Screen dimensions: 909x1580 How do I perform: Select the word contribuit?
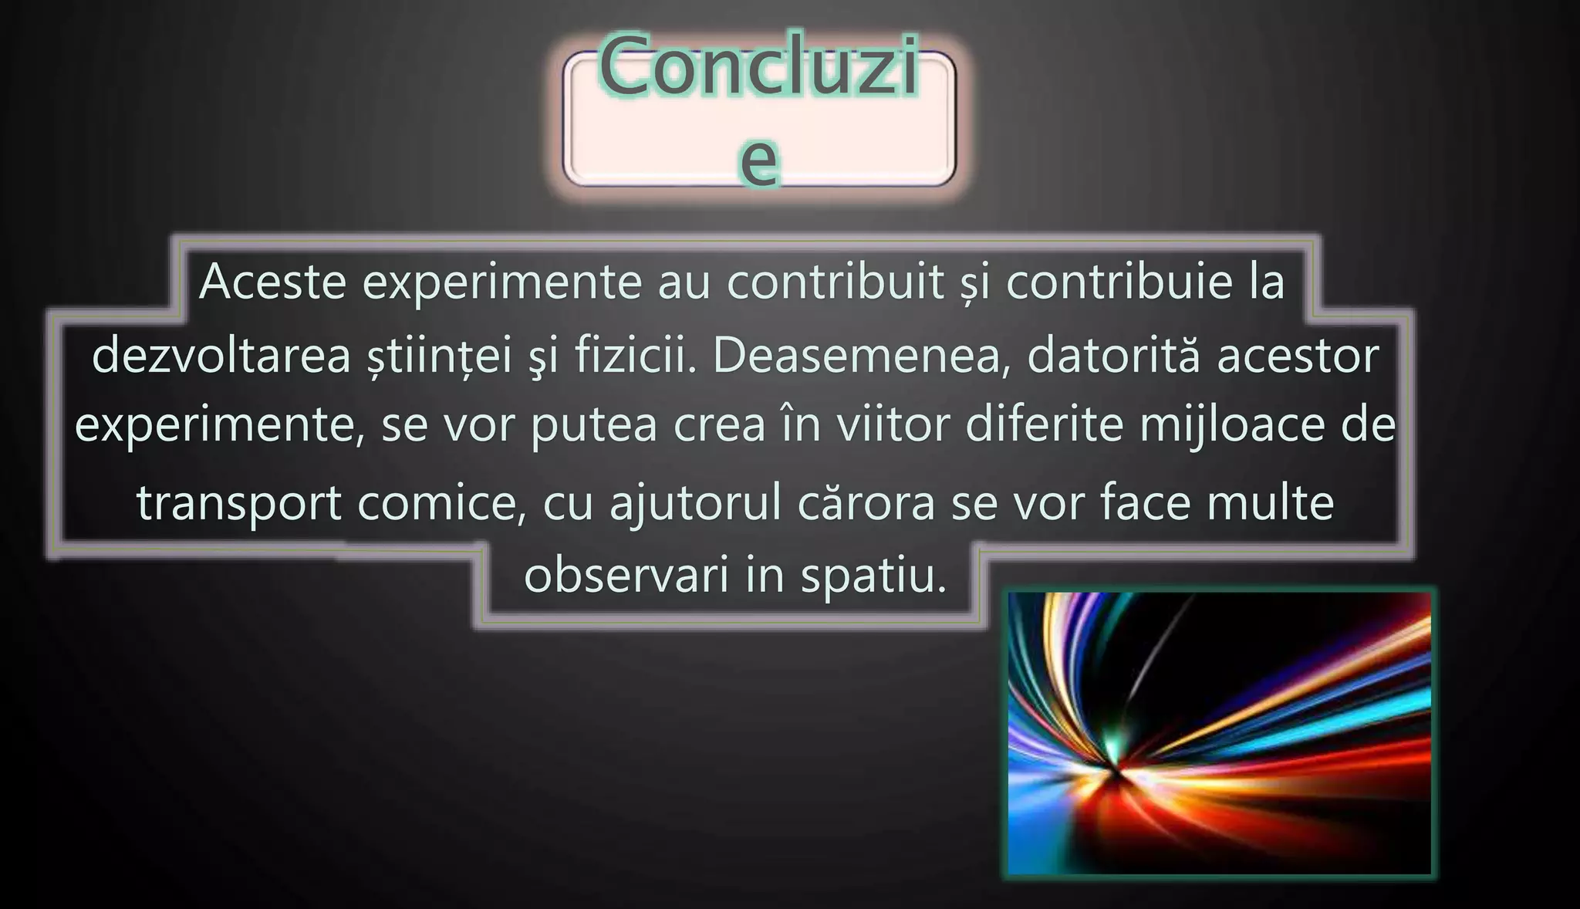836,282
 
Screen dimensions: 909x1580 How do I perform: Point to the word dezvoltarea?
221,357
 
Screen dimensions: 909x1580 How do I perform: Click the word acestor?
1298,357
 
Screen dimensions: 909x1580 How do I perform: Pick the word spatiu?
873,576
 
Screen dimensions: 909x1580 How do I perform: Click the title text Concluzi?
759,68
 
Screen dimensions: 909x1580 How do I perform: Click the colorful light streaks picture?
1219,733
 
